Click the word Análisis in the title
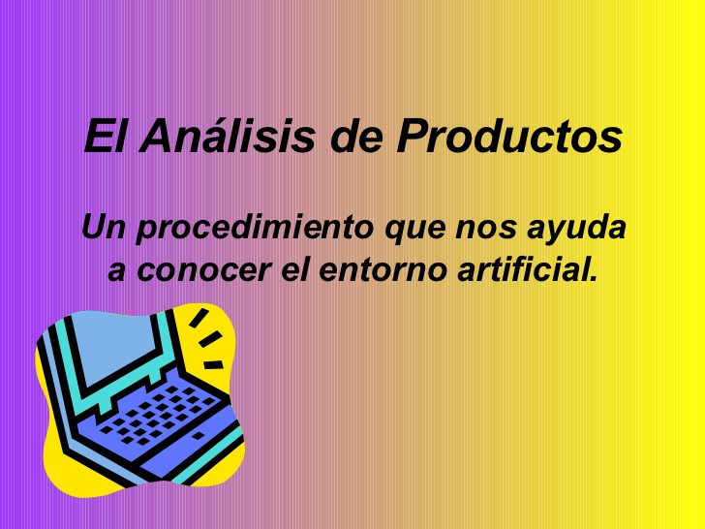click(227, 136)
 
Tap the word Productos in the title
click(509, 137)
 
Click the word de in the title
click(356, 137)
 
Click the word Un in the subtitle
click(103, 227)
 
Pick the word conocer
click(203, 271)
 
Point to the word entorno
click(383, 270)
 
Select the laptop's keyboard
click(157, 415)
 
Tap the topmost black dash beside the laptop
click(199, 318)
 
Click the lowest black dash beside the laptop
click(213, 365)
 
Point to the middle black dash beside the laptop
click(210, 339)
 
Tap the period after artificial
click(594, 278)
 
